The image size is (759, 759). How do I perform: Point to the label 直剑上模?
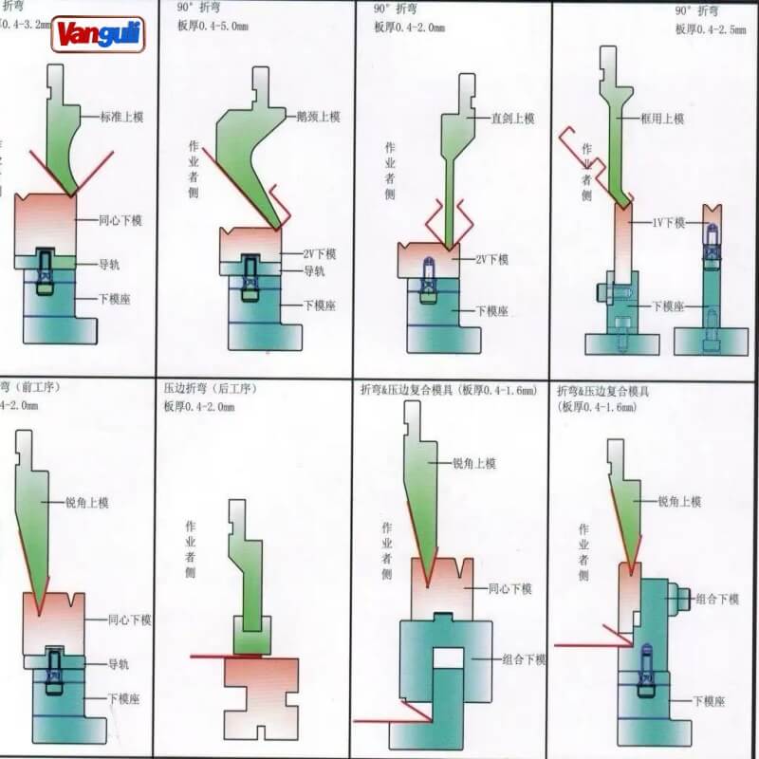pos(512,119)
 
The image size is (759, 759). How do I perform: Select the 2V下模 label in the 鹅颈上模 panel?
pos(321,255)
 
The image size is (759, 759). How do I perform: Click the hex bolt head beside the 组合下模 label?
pos(679,599)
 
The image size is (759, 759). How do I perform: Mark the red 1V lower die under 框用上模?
pos(623,237)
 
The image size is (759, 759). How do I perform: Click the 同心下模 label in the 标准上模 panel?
pos(120,220)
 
